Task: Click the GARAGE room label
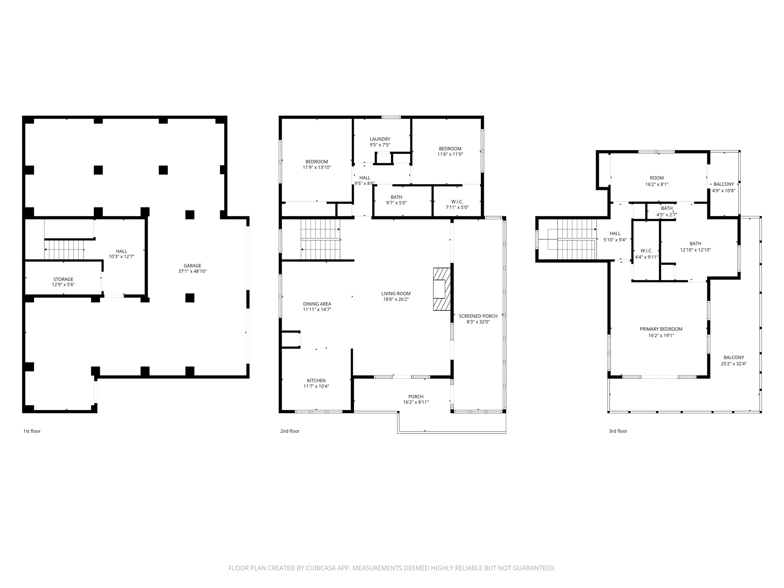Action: pyautogui.click(x=192, y=266)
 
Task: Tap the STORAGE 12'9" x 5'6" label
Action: pyautogui.click(x=63, y=282)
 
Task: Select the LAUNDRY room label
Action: pyautogui.click(x=380, y=139)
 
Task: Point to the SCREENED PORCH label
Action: pyautogui.click(x=478, y=316)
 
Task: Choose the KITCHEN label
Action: pyautogui.click(x=316, y=381)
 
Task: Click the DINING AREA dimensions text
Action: pyautogui.click(x=317, y=310)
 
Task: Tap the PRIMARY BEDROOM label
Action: pyautogui.click(x=661, y=329)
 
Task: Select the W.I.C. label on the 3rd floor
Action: pyautogui.click(x=646, y=251)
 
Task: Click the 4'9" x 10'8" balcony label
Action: pyautogui.click(x=724, y=191)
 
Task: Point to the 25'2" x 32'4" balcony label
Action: pyautogui.click(x=733, y=364)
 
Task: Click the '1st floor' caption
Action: pyautogui.click(x=32, y=431)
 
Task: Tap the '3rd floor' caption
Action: pyautogui.click(x=618, y=431)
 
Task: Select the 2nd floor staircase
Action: pyautogui.click(x=320, y=239)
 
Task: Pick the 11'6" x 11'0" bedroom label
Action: pyautogui.click(x=450, y=154)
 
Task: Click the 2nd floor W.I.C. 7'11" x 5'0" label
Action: pyautogui.click(x=457, y=204)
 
